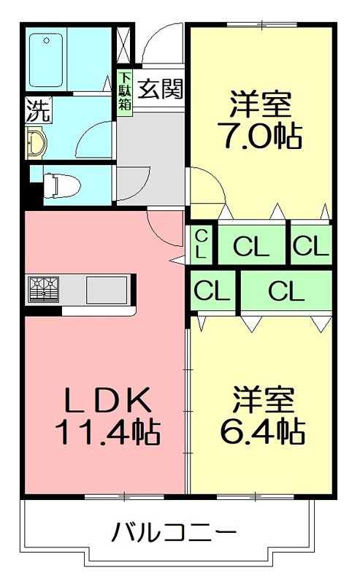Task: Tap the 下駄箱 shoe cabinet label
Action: coord(125,91)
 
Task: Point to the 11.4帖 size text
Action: coord(107,434)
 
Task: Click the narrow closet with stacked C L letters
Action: coord(200,245)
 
